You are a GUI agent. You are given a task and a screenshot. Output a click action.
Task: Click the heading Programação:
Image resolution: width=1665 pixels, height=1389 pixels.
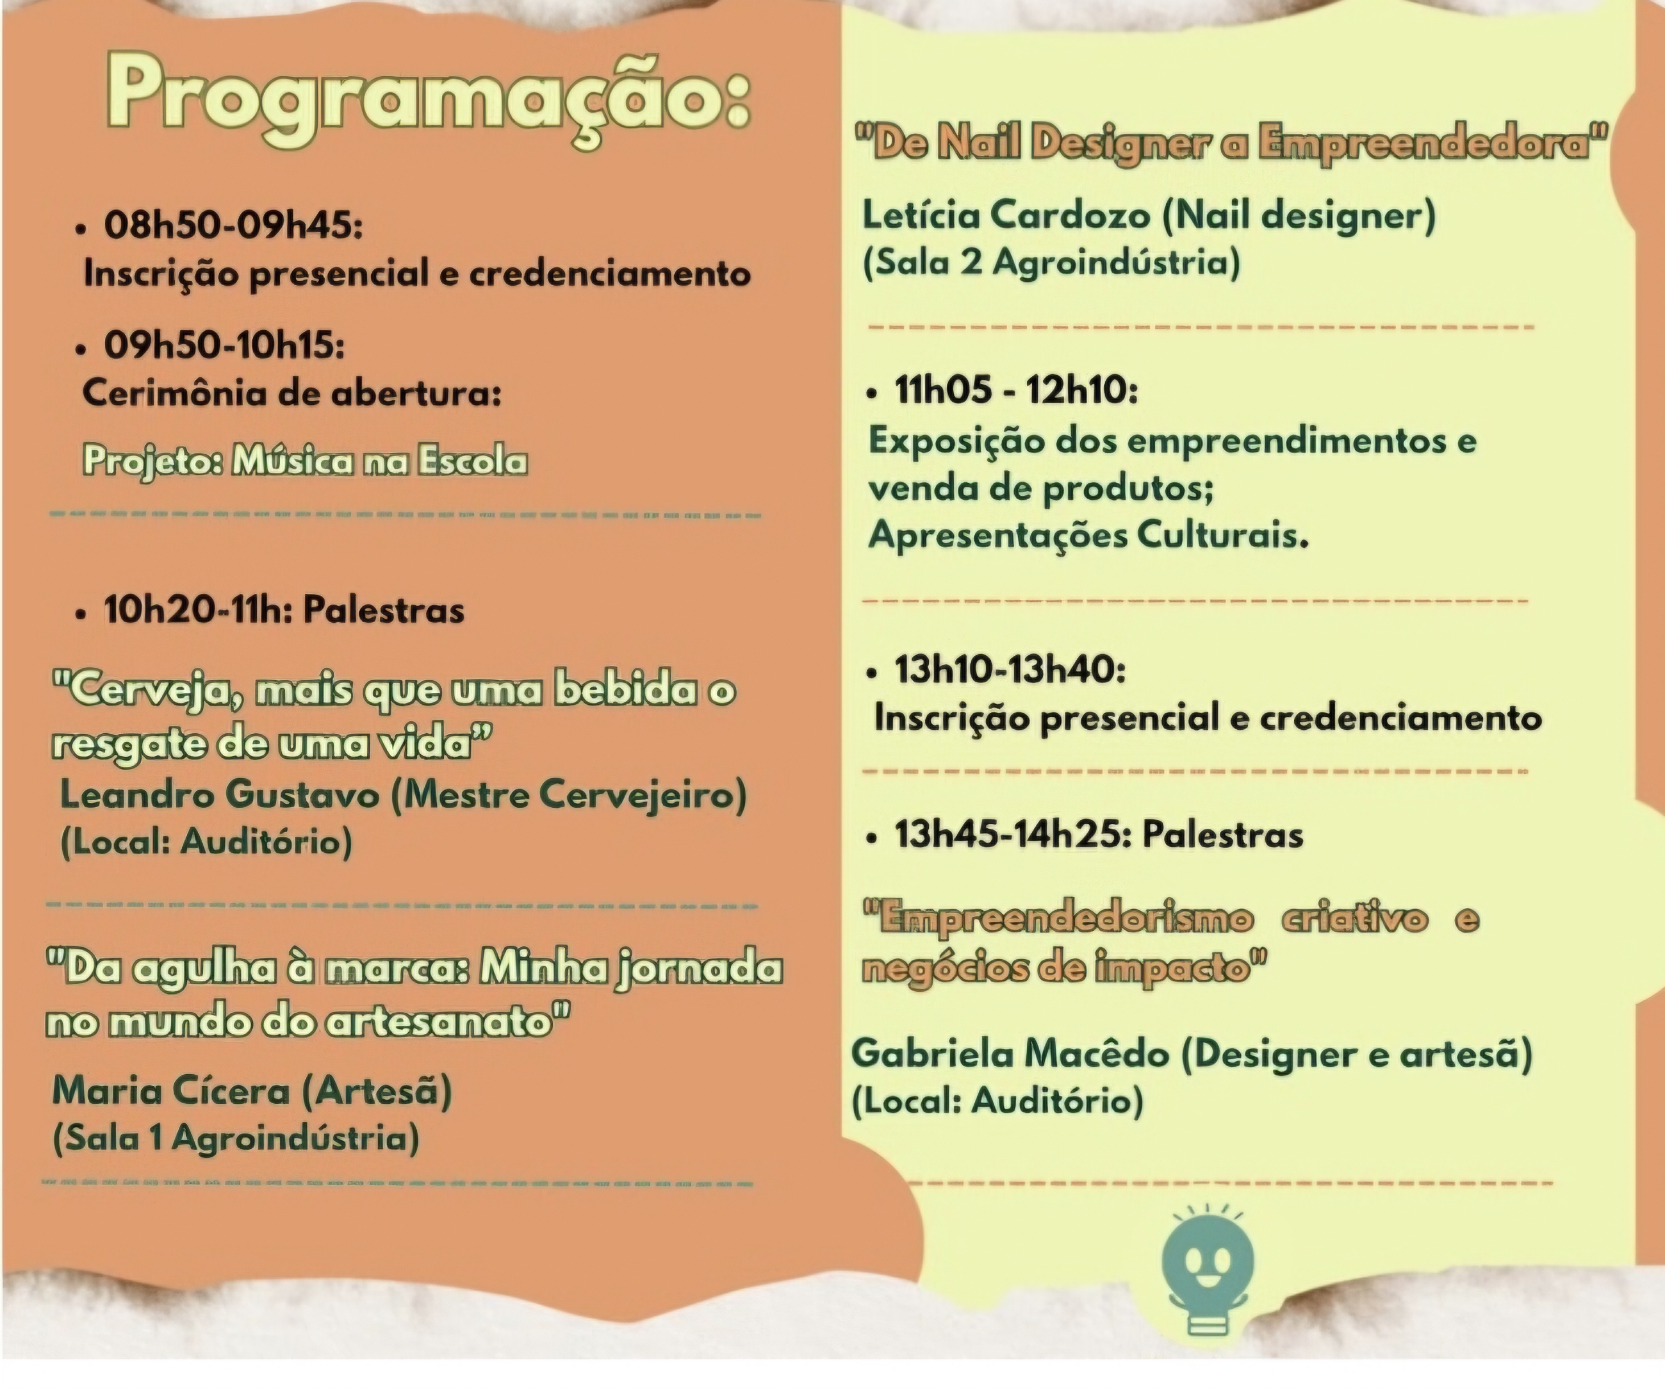[x=428, y=100]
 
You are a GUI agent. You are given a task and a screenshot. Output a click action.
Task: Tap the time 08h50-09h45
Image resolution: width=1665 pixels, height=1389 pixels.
[x=233, y=225]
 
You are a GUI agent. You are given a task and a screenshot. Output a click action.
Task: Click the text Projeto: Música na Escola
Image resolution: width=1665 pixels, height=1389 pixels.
[x=305, y=461]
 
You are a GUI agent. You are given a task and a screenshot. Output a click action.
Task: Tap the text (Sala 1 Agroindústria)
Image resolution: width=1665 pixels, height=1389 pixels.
[x=236, y=1139]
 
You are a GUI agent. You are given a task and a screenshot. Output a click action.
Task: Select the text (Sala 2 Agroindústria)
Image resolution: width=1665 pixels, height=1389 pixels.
[x=1051, y=262]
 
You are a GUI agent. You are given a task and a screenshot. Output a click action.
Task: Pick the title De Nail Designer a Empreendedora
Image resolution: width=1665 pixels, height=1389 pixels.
[x=1231, y=143]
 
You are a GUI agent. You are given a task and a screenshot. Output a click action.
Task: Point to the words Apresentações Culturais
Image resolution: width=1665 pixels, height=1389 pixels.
[x=1088, y=536]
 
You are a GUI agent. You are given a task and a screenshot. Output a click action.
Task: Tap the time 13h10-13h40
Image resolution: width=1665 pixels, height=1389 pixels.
[x=1010, y=670]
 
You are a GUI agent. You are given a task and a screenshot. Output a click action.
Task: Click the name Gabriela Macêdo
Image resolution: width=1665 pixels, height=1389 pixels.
[x=1010, y=1054]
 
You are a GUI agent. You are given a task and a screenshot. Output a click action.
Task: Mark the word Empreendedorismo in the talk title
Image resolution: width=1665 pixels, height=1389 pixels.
[x=1059, y=919]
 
